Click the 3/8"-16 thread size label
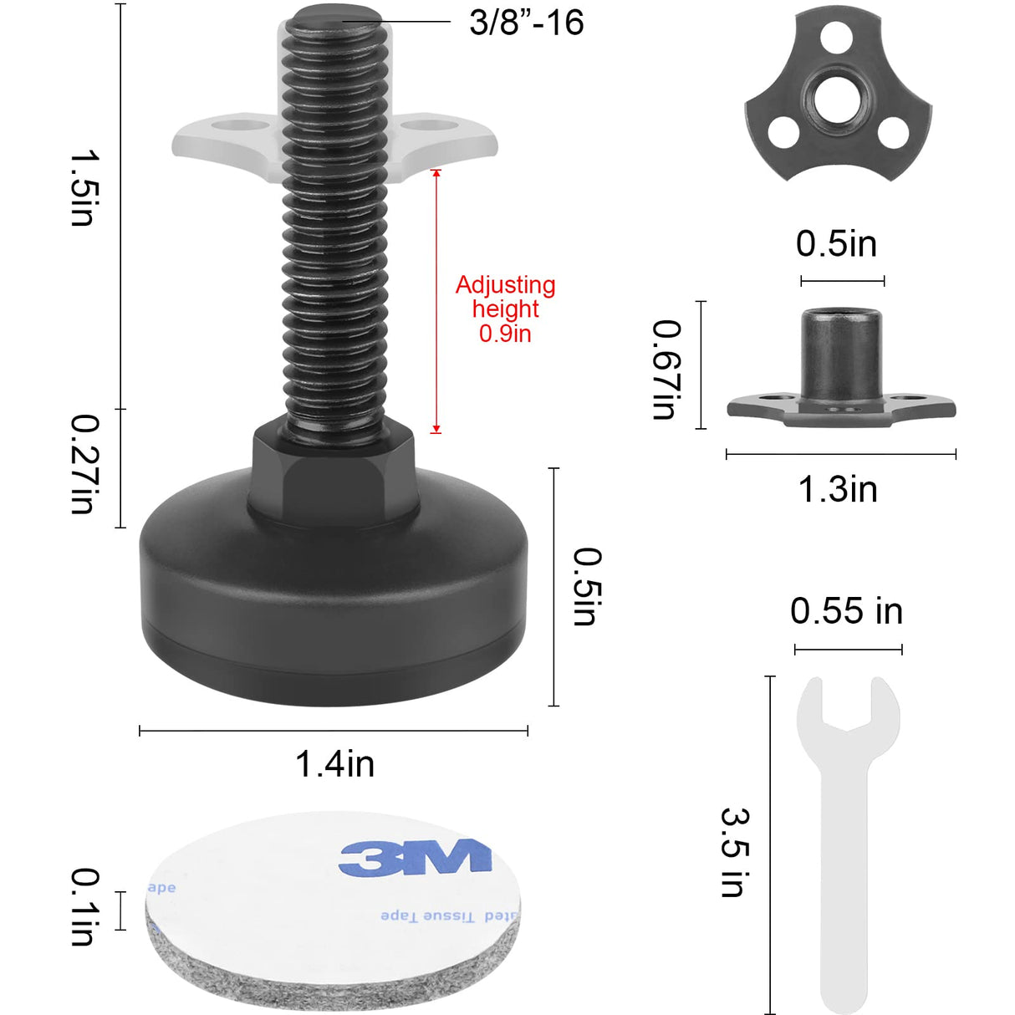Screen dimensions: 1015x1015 click(526, 23)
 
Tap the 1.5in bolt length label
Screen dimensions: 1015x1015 click(84, 188)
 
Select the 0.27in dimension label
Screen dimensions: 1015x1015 click(84, 464)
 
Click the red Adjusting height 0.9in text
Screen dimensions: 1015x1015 click(505, 309)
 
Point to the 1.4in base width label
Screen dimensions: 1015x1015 click(334, 764)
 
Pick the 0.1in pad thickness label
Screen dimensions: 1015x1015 click(84, 907)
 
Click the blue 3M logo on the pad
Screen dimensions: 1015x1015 click(415, 857)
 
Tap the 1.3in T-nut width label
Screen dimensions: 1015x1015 click(838, 489)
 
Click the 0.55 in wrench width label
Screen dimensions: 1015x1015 click(846, 611)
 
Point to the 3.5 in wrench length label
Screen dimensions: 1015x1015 click(734, 852)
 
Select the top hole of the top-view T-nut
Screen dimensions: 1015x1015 click(836, 37)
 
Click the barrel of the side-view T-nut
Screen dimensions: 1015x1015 click(841, 351)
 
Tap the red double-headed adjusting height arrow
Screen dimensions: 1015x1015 click(436, 301)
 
